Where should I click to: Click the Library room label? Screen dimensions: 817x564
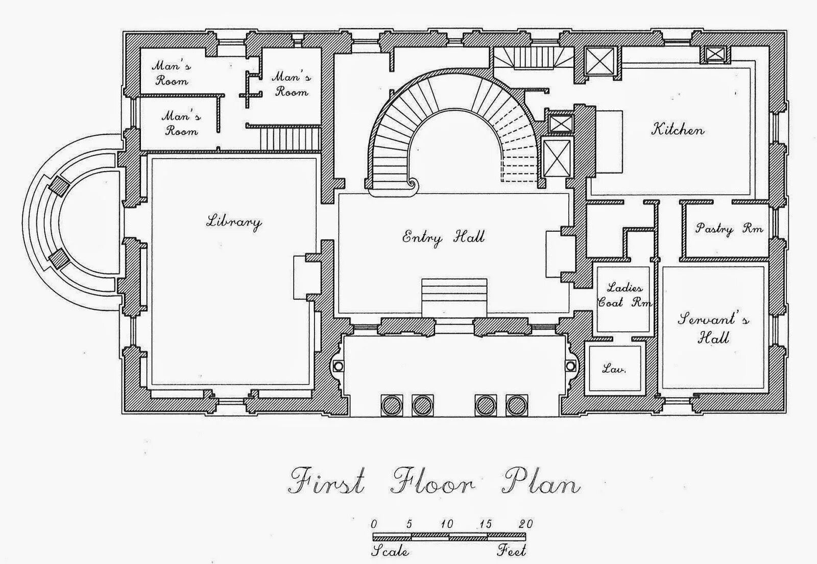click(234, 222)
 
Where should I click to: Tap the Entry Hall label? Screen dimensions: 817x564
click(444, 237)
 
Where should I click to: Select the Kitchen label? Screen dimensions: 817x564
click(678, 130)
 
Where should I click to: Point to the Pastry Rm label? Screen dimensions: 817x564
click(729, 229)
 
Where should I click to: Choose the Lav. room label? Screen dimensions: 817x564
click(614, 369)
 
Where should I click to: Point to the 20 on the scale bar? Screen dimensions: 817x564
click(525, 524)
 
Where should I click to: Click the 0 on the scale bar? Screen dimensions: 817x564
click(374, 524)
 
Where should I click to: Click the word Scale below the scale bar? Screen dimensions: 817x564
click(390, 551)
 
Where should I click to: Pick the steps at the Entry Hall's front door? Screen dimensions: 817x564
click(454, 298)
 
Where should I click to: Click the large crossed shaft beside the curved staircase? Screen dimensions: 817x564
click(557, 158)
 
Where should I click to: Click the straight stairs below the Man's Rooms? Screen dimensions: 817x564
click(290, 138)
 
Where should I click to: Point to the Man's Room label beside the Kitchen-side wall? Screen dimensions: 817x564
click(292, 84)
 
